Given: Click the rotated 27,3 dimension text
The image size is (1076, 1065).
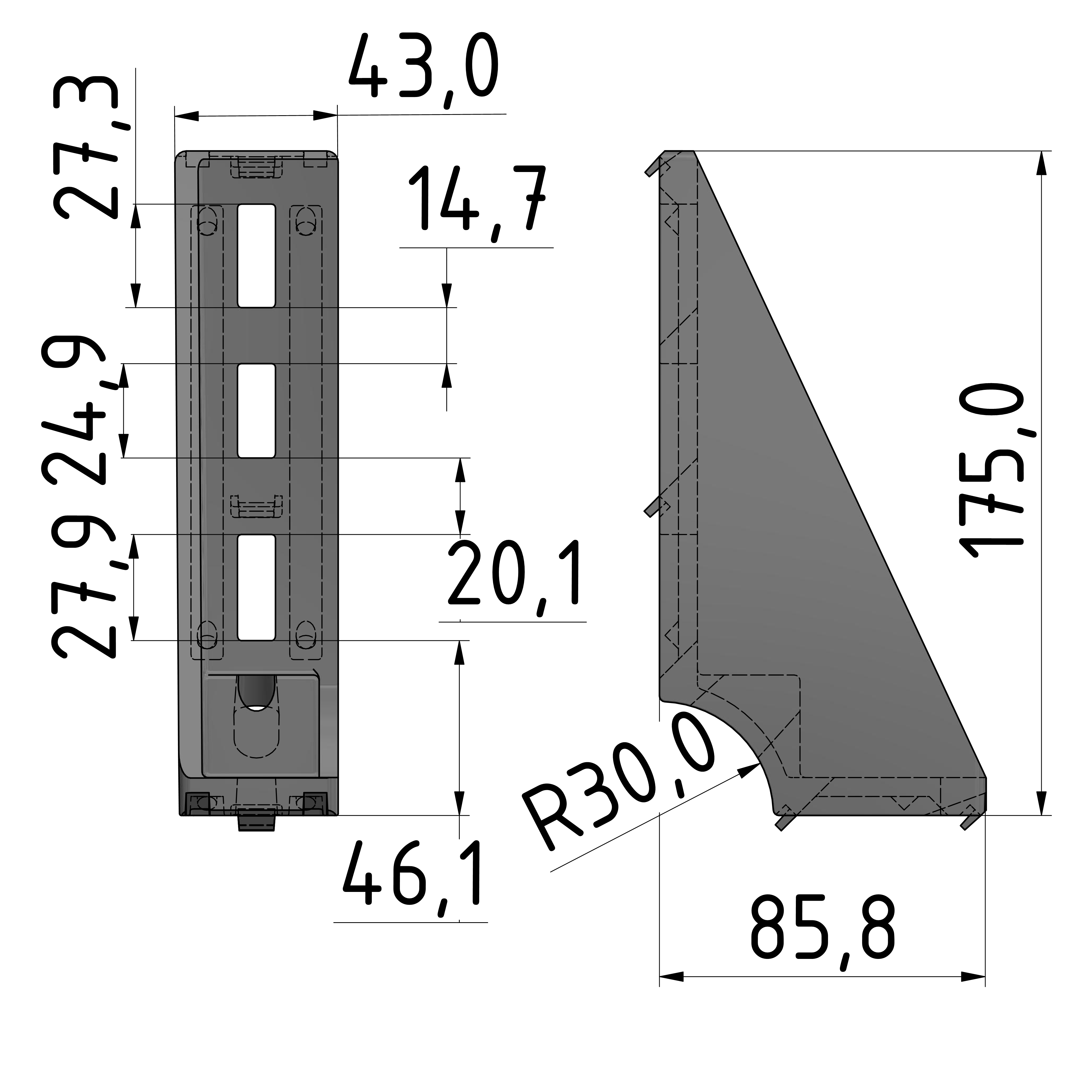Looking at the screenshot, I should pyautogui.click(x=86, y=148).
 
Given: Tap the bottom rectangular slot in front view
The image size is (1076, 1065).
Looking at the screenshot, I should pyautogui.click(x=256, y=587).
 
